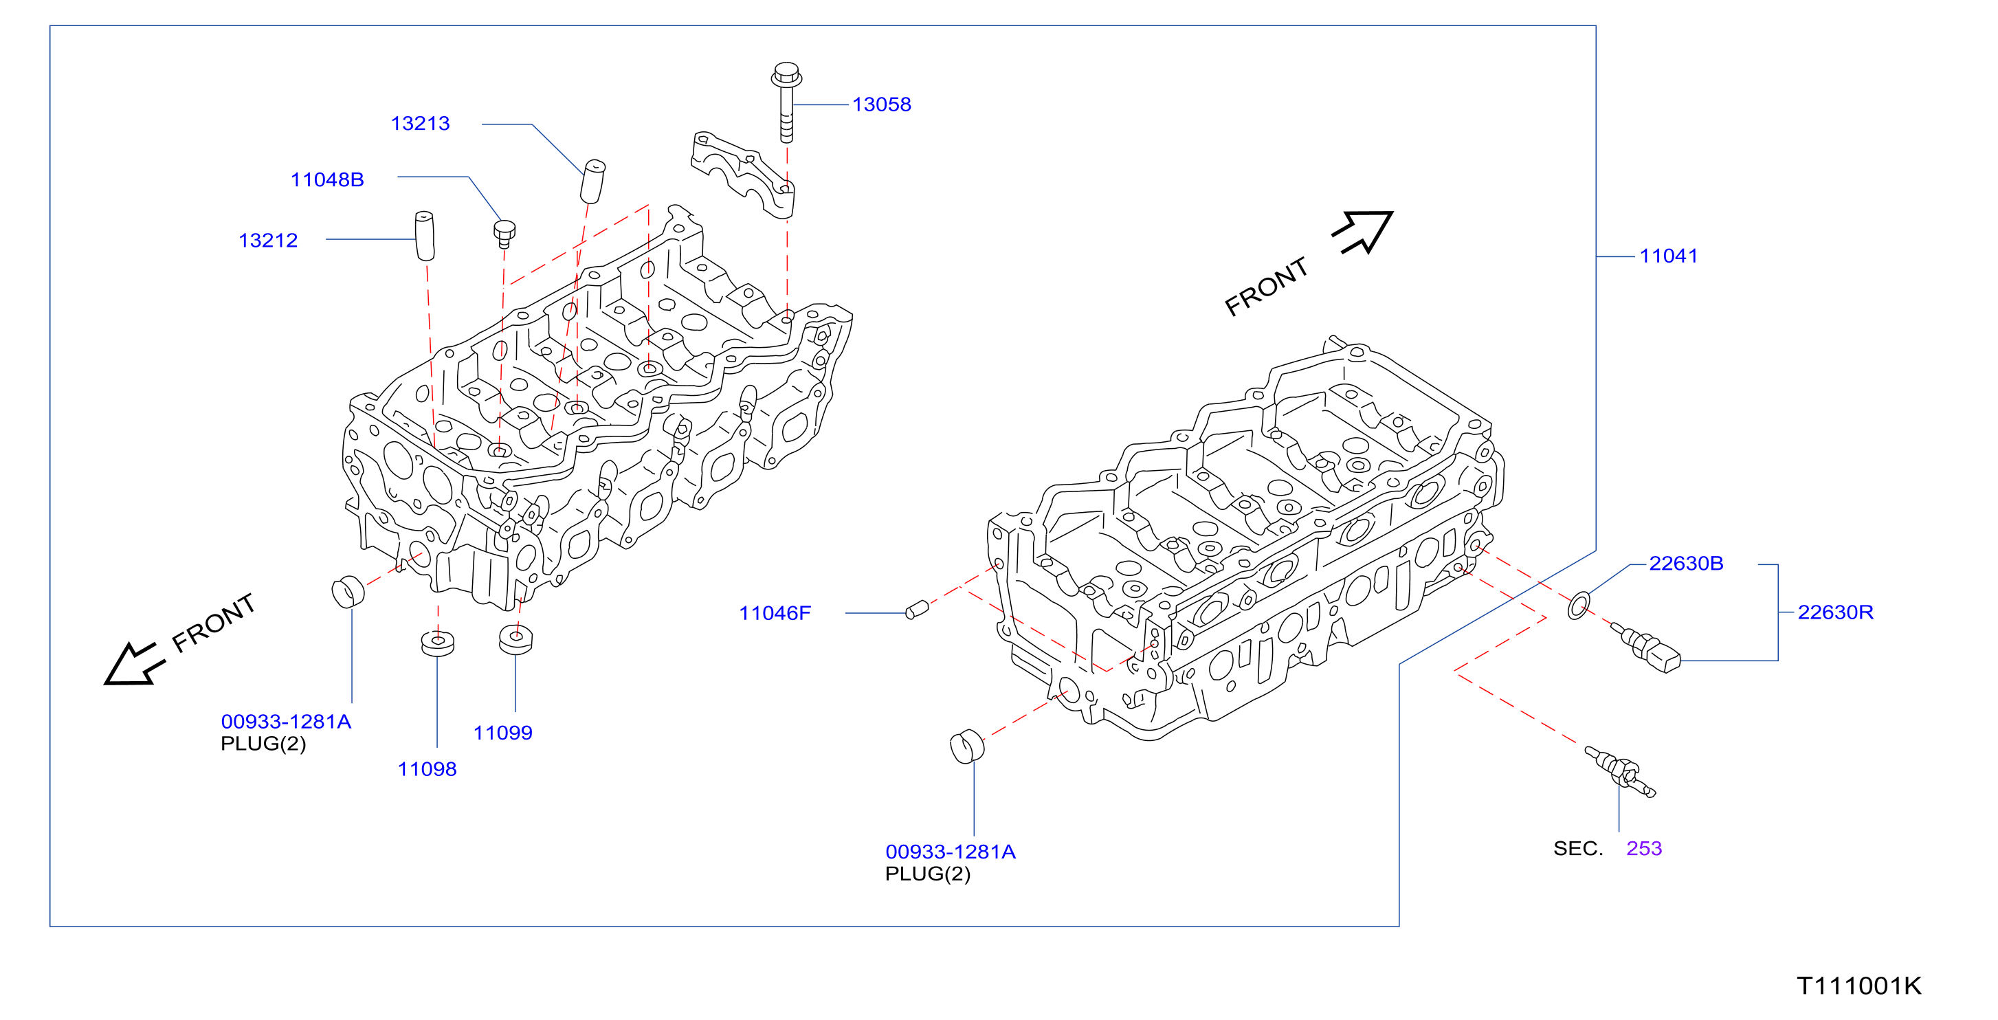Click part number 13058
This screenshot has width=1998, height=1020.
tap(881, 104)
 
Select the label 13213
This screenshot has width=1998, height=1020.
tap(421, 123)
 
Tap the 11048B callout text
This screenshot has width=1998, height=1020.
tap(327, 179)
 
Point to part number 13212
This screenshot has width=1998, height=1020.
tap(268, 241)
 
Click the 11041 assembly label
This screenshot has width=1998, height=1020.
tap(1668, 255)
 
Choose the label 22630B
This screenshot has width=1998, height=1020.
tap(1686, 563)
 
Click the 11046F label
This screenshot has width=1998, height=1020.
tap(775, 613)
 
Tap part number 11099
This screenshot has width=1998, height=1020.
tap(502, 732)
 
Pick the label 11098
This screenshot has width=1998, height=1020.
tap(428, 768)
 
